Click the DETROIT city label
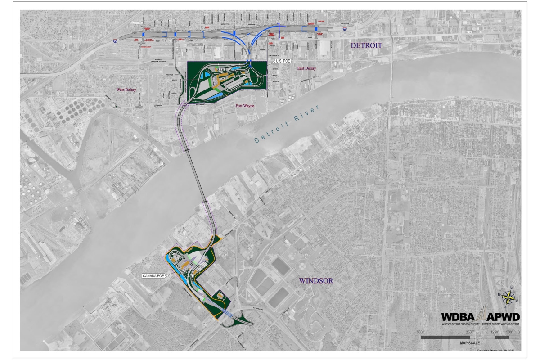pos(366,46)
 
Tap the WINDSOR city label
pos(317,281)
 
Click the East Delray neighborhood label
pos(306,68)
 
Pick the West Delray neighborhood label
pos(126,90)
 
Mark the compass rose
pos(508,296)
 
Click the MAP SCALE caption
pos(470,342)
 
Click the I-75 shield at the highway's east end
pos(345,29)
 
